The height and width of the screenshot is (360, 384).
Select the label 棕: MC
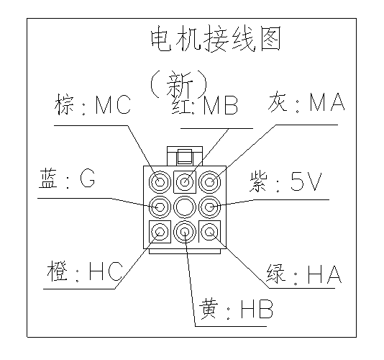coord(93,104)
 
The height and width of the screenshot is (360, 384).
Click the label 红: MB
coord(205,105)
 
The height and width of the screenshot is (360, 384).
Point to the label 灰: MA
coord(306,102)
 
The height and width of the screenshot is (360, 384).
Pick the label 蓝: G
coord(67,179)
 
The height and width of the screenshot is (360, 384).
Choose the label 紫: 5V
coord(285,182)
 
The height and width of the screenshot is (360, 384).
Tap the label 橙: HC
coord(84,271)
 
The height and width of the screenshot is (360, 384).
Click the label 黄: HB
coord(236,309)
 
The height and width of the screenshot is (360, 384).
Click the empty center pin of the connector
coord(185,207)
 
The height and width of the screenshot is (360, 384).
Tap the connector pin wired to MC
coord(160,182)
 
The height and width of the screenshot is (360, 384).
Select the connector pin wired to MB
coord(185,182)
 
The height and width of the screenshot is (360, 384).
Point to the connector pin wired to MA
coord(210,182)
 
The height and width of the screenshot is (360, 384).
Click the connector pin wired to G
coord(160,207)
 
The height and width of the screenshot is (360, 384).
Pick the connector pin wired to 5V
coord(210,207)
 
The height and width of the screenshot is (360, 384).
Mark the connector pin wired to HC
coord(160,232)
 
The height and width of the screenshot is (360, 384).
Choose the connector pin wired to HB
coord(185,232)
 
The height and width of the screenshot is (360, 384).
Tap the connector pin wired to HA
coord(210,232)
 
